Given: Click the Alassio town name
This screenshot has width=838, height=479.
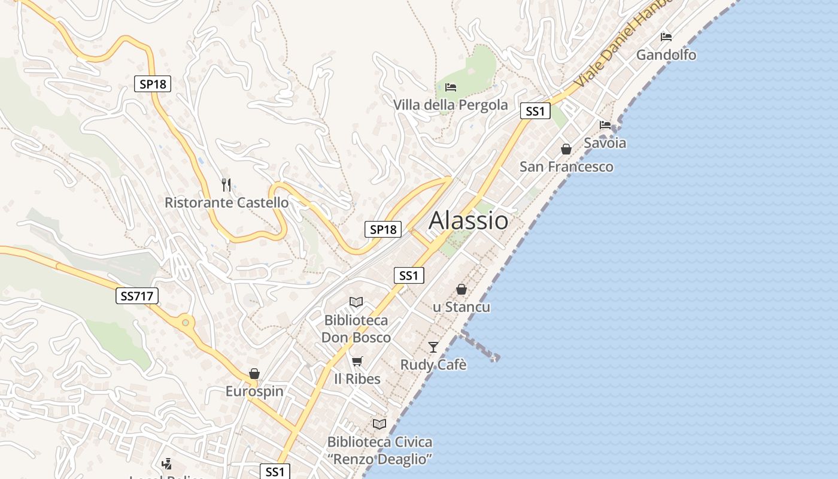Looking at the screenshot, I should click(x=469, y=220).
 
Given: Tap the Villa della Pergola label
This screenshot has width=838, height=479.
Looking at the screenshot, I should click(x=450, y=105).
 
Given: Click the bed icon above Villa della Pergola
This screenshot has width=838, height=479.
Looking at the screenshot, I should click(x=451, y=87).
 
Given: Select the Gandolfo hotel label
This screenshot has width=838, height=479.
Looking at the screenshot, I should click(x=666, y=55).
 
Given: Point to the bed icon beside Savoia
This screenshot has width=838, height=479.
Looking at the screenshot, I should click(x=605, y=125).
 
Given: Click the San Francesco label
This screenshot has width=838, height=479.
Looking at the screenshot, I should click(x=566, y=166).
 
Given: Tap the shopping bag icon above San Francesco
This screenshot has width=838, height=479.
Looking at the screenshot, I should click(x=566, y=149).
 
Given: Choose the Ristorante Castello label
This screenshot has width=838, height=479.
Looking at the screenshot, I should click(x=226, y=202).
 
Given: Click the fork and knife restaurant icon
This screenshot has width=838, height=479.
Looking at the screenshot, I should click(x=226, y=184).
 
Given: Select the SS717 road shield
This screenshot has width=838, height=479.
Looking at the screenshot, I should click(x=136, y=295).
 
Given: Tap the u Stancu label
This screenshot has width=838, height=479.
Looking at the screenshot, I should click(x=461, y=307).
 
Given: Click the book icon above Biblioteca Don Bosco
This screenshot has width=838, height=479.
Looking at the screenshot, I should click(x=356, y=302).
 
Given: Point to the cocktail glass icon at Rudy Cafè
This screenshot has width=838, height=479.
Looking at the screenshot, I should click(x=433, y=347).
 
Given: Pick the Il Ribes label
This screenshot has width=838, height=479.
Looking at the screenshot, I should click(x=357, y=379).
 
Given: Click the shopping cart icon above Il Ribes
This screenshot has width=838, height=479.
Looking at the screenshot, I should click(x=357, y=361).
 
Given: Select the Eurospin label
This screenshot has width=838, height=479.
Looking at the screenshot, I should click(x=254, y=392).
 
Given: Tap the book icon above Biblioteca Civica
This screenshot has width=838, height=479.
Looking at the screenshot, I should click(x=379, y=425).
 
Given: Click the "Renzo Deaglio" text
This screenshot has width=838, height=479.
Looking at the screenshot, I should click(x=379, y=459).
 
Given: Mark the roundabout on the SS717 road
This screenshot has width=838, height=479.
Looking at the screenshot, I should click(x=186, y=323).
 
